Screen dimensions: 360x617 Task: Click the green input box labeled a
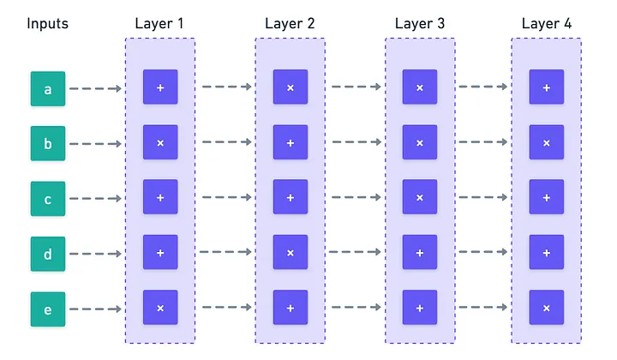coord(48,88)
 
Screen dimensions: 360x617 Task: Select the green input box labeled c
coord(48,199)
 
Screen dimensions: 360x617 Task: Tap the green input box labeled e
coord(48,309)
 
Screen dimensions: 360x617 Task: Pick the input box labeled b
coord(48,143)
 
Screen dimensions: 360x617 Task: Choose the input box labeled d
coord(48,254)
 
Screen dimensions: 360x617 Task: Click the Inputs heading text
coord(48,22)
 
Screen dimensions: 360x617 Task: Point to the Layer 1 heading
coord(159,22)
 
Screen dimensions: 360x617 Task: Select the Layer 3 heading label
coord(420,22)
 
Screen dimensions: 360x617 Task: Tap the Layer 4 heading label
coord(546,22)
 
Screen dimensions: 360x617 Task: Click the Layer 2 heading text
coord(290,22)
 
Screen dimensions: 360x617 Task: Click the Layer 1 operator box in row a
coord(160,87)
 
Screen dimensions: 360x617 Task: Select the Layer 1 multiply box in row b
coord(160,142)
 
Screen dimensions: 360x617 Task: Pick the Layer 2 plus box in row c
coord(290,197)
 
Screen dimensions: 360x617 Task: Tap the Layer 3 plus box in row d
coord(420,252)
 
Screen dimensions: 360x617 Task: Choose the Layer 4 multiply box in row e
coord(546,307)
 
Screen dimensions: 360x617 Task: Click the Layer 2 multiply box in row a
coord(290,87)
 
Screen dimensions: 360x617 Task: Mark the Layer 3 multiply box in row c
coord(420,197)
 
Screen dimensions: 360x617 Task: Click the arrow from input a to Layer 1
coord(95,88)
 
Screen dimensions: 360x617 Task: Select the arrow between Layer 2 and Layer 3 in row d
coord(356,252)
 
